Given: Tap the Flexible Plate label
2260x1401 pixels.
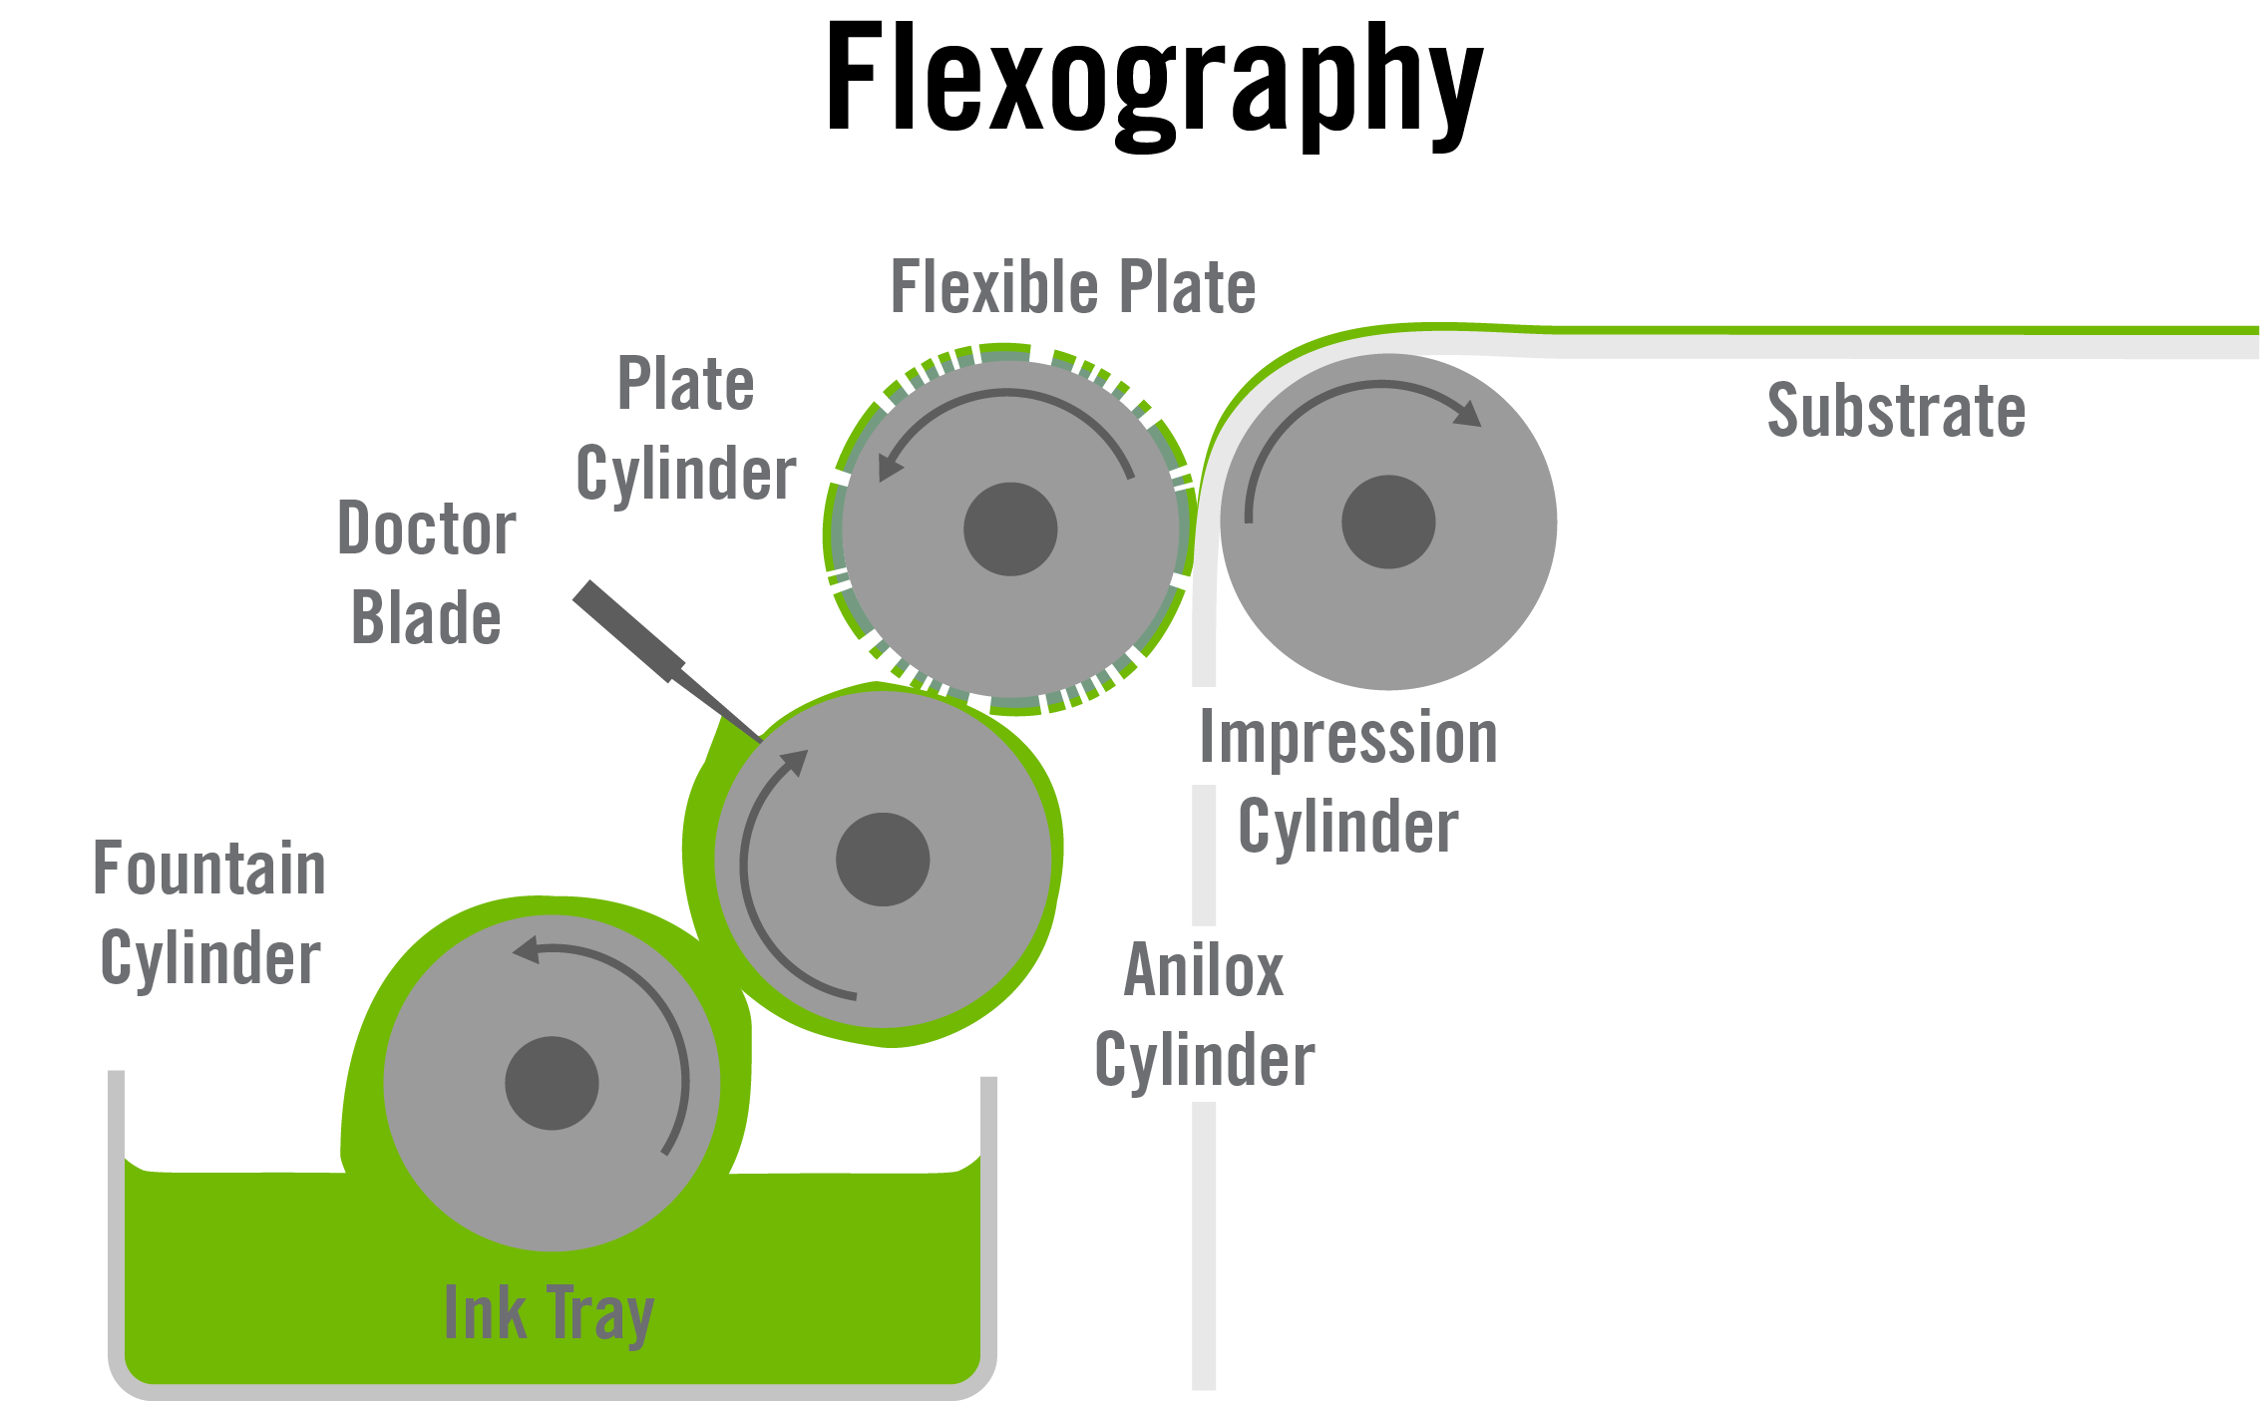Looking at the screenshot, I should point(1072,287).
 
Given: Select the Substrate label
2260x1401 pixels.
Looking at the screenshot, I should point(1896,410).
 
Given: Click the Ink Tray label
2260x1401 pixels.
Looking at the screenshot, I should point(549,1313).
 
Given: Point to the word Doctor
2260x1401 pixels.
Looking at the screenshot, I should point(427,527).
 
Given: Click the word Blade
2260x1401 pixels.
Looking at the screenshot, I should point(426,617).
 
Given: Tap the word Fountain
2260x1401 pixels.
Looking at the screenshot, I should point(209,868).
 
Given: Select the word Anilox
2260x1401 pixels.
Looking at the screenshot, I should point(1204,969).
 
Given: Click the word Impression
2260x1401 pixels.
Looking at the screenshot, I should point(1348,738).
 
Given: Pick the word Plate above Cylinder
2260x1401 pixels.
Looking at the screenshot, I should point(686,383).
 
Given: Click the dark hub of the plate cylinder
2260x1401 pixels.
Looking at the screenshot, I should point(1010,529).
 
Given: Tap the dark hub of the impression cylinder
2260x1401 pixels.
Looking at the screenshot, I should point(1388,522).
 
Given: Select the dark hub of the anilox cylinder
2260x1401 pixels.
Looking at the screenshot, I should point(883,860).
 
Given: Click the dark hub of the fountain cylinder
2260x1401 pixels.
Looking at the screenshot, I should point(552,1083).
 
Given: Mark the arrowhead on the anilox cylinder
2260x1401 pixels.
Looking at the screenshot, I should point(794,762).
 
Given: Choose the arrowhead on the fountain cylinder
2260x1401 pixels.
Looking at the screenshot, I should point(526,949).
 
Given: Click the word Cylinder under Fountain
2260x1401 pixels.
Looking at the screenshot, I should point(210,958).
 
